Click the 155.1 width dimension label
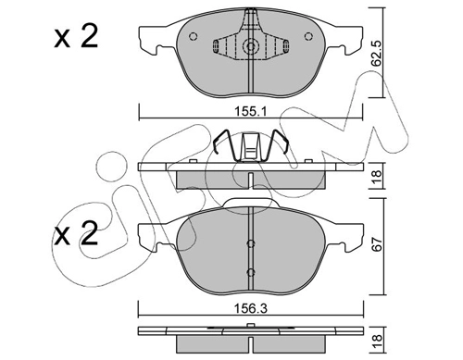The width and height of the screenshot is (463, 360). (250, 111)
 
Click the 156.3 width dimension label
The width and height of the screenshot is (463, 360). (250, 308)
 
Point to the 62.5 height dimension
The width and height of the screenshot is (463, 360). (377, 53)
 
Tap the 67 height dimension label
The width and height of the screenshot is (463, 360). (378, 243)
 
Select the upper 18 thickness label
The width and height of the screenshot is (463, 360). (377, 176)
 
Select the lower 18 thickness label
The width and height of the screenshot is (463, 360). (377, 341)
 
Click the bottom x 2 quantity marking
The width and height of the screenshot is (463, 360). (76, 233)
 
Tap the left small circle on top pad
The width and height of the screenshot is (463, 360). (193, 36)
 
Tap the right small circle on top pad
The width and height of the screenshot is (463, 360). (308, 36)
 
